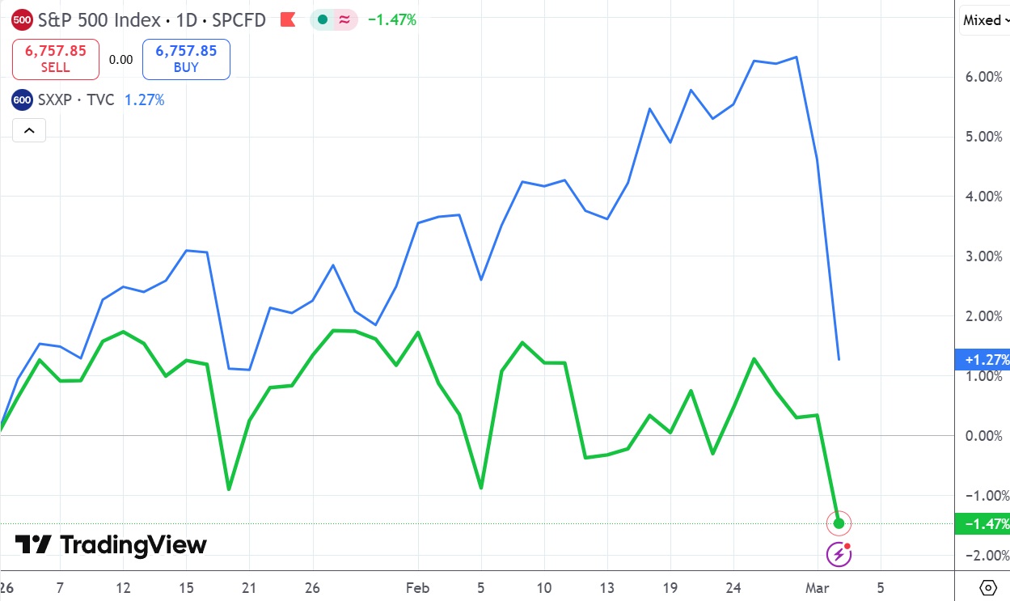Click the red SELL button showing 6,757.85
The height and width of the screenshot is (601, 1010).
tap(55, 59)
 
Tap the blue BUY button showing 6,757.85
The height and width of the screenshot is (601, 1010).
tap(186, 59)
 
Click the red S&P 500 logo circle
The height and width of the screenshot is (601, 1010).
tap(23, 20)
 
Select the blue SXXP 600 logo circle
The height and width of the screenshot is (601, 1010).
tap(23, 100)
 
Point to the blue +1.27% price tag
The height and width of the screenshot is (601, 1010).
tap(983, 359)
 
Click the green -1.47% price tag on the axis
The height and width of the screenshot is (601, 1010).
tap(983, 524)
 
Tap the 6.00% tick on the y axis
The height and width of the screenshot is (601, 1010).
tap(983, 77)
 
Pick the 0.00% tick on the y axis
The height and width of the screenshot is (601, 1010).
tap(983, 436)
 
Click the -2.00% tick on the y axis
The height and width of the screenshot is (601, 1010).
tap(983, 556)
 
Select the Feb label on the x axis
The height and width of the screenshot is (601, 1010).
tap(418, 587)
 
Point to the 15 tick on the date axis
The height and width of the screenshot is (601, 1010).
tap(185, 587)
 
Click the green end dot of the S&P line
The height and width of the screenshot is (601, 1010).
tap(839, 523)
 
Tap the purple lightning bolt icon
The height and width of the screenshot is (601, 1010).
tap(839, 555)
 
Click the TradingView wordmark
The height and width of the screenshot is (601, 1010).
tap(112, 545)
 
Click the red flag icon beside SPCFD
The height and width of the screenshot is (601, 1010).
tap(287, 20)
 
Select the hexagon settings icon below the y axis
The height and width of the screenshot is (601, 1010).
tap(987, 587)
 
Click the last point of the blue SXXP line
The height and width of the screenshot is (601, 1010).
tap(839, 359)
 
